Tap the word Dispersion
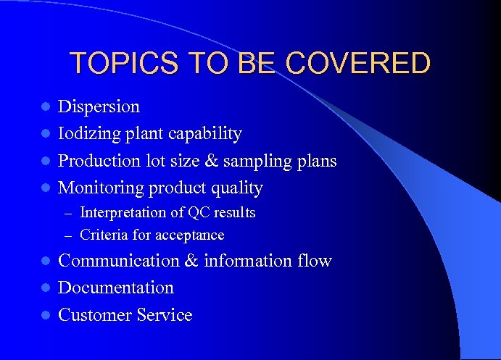coord(99,106)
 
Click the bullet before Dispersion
coord(44,107)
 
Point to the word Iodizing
coord(86,134)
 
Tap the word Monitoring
coord(102,188)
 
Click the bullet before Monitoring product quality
coord(44,189)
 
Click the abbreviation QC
coord(199,213)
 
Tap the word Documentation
coord(116,288)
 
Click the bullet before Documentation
coord(44,288)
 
